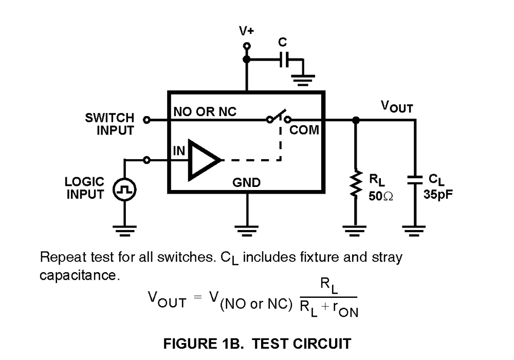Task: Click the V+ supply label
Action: point(246,31)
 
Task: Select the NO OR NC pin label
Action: point(205,111)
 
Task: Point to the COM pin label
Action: point(304,130)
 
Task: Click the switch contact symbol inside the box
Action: point(279,118)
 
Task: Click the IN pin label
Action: point(178,150)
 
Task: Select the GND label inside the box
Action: point(247,182)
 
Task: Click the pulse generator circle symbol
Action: point(124,191)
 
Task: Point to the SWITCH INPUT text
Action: point(109,124)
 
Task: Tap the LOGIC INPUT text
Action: point(85,188)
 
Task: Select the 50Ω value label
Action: point(381,196)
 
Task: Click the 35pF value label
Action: point(438,196)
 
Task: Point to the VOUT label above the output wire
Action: point(396,107)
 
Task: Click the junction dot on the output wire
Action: point(355,120)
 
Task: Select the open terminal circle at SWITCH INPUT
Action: point(146,120)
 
